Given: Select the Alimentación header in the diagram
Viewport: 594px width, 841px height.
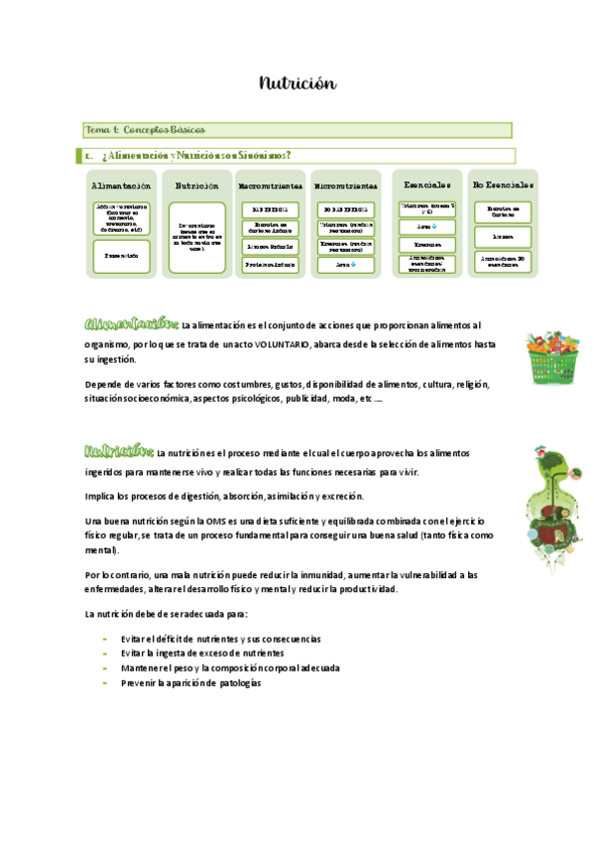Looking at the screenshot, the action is click(121, 185).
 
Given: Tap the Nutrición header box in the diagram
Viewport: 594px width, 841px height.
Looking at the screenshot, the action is click(196, 185).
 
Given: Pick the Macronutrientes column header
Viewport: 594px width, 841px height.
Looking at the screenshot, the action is click(270, 185).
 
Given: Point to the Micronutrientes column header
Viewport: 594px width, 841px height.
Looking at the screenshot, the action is click(345, 185).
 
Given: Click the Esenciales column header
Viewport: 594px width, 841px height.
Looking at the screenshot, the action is click(427, 184).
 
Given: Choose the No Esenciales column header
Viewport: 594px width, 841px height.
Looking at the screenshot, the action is click(503, 184).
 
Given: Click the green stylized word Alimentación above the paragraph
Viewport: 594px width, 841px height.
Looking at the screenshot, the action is click(131, 324).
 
